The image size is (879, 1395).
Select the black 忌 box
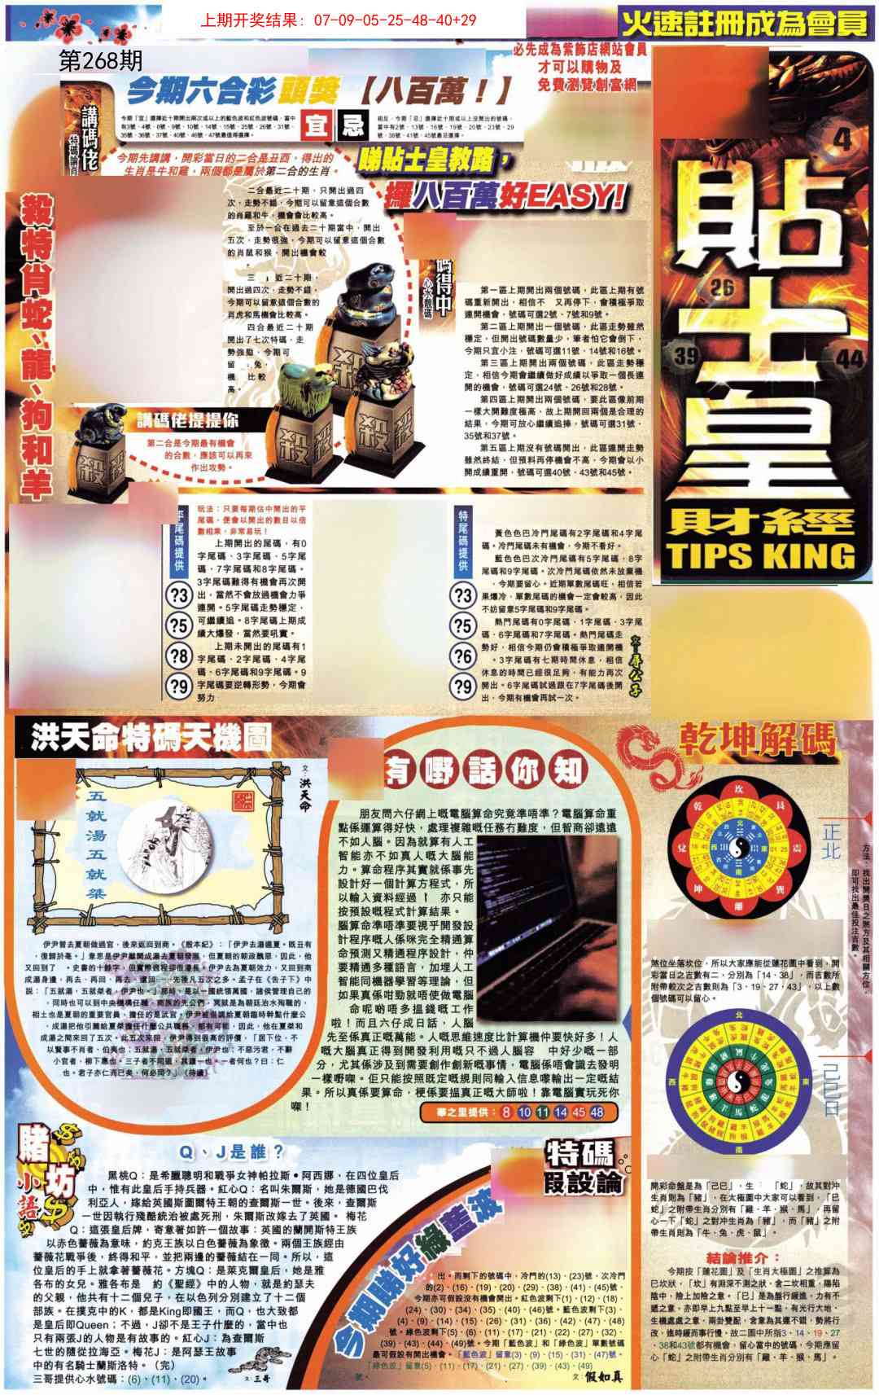click(x=352, y=126)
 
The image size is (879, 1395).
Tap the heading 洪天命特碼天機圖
click(x=151, y=739)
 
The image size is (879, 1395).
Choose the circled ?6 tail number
click(x=464, y=656)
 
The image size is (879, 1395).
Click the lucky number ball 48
click(x=597, y=1112)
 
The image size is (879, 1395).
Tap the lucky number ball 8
click(x=506, y=1112)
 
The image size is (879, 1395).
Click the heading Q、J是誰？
click(x=232, y=1152)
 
